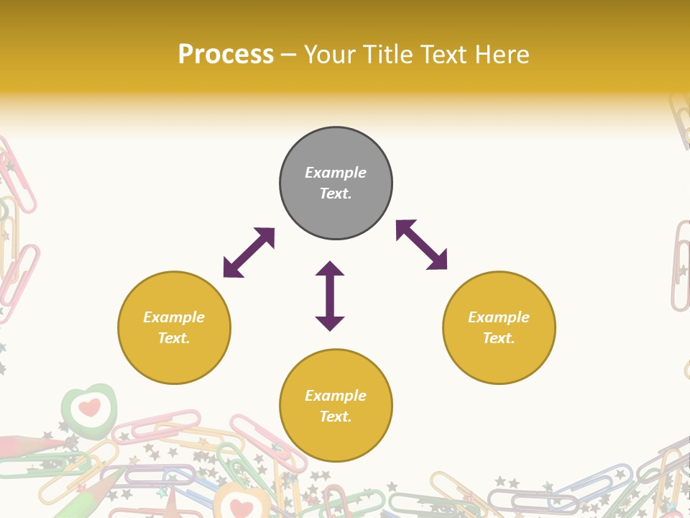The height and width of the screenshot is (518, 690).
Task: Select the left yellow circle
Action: tap(174, 327)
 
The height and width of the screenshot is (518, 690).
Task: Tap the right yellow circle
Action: tap(499, 327)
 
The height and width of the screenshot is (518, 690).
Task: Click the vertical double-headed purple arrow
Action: tap(330, 296)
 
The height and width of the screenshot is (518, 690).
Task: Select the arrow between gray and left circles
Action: tap(249, 253)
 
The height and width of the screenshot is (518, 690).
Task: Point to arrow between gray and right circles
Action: tap(422, 245)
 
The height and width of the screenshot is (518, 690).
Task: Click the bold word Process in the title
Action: tap(226, 54)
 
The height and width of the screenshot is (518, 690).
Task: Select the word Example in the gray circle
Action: tap(336, 173)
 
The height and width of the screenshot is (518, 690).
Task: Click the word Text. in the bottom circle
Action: tap(336, 417)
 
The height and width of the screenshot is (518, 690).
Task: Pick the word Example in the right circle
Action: tap(499, 317)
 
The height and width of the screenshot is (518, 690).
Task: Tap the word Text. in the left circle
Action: tap(174, 338)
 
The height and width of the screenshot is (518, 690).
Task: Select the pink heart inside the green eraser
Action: tap(89, 408)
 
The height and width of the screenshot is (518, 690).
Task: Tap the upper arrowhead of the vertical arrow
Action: tap(330, 269)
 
